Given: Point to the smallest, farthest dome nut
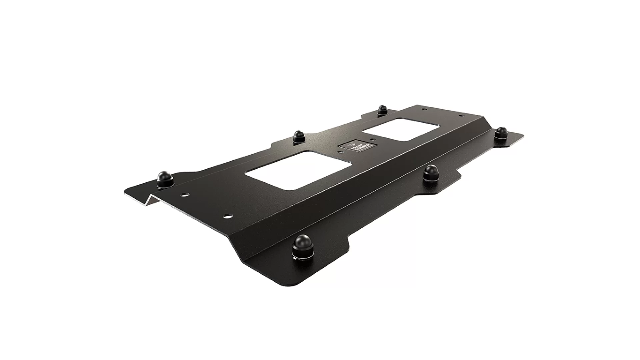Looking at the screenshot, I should coord(382,110).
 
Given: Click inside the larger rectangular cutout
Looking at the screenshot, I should coord(299,170).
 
